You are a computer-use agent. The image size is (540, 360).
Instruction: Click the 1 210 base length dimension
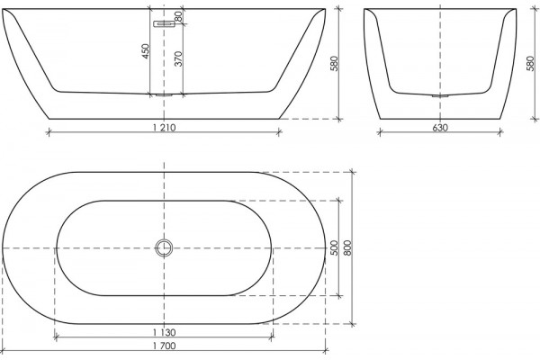(x=165, y=128)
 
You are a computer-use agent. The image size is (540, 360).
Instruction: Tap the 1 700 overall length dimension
(x=165, y=346)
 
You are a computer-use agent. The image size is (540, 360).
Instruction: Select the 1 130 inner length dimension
(x=165, y=332)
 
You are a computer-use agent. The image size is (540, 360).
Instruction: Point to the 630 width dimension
(x=440, y=128)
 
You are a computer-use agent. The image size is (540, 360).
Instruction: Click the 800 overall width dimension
(x=347, y=247)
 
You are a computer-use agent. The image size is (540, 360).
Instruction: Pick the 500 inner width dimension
(x=334, y=247)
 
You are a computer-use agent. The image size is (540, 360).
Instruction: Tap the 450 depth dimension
(x=146, y=51)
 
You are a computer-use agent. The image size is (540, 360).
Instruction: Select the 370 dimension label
(x=178, y=58)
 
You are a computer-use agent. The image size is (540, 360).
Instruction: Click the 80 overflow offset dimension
(x=178, y=16)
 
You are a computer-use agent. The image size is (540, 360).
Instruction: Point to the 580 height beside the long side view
(x=335, y=63)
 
